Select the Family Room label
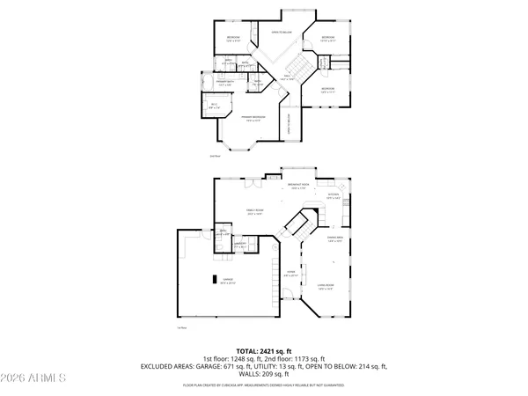click(256, 212)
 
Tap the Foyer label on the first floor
click(291, 274)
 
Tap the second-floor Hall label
click(286, 78)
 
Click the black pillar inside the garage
click(211, 278)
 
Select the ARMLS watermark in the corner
click(35, 379)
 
